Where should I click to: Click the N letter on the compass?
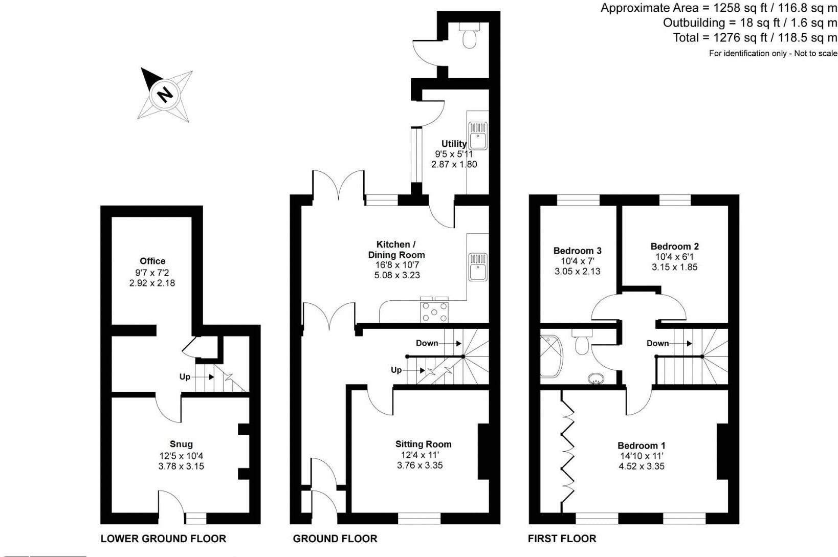click(x=164, y=94)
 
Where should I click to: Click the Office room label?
click(x=152, y=261)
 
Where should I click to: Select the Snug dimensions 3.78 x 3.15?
click(x=182, y=465)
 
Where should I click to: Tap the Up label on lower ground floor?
click(x=185, y=377)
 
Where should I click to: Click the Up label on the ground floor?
click(x=396, y=370)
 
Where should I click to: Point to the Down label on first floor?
click(x=657, y=343)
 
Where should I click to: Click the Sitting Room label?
click(x=423, y=444)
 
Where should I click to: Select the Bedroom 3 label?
click(x=577, y=251)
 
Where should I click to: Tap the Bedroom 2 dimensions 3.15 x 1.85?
click(x=674, y=267)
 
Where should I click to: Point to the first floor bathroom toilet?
click(x=582, y=343)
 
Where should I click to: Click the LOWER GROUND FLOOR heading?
click(x=163, y=538)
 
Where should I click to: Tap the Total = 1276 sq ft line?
click(x=755, y=37)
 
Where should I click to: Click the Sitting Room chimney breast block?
click(x=483, y=451)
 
